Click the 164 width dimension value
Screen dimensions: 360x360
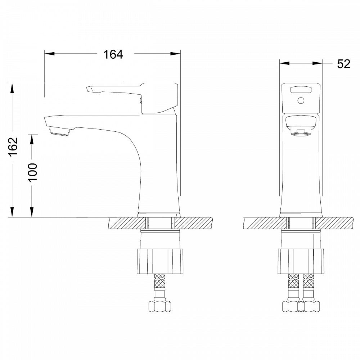click(x=113, y=54)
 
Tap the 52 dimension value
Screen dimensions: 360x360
click(x=343, y=64)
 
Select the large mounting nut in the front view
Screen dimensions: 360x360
click(x=301, y=261)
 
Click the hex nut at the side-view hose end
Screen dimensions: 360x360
click(x=159, y=307)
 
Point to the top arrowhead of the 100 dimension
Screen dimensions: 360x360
click(x=32, y=138)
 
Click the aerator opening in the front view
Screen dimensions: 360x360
click(x=301, y=133)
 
